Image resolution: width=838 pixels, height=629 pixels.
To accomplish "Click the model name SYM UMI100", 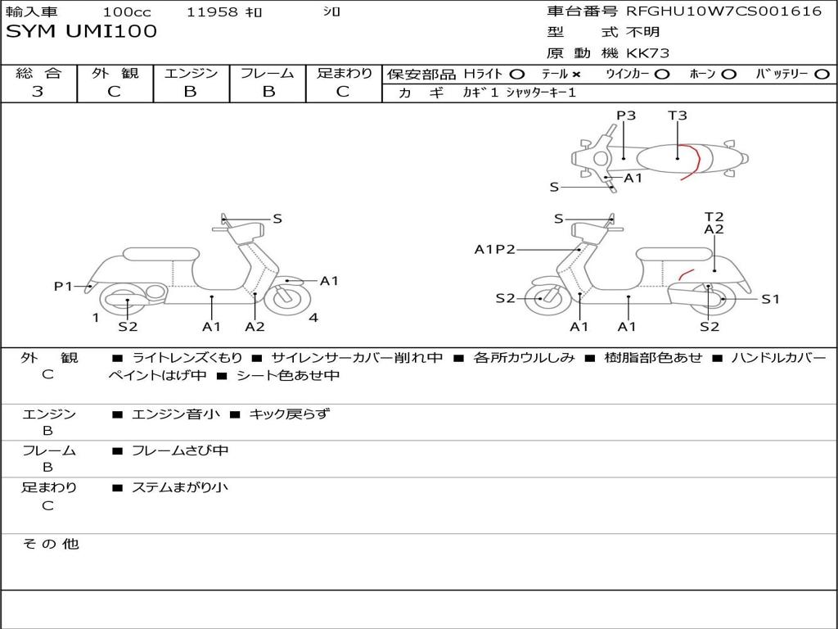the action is point(81,32).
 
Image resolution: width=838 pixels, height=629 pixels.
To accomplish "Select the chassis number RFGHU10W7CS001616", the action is point(724,11).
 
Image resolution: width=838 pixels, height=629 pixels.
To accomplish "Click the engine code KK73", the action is point(648,53).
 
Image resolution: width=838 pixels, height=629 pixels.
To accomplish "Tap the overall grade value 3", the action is point(38,92).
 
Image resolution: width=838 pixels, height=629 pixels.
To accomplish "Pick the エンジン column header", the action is point(191,73).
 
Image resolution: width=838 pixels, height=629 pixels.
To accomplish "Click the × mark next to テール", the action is point(576,75).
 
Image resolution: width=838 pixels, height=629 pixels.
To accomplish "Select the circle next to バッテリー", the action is point(822,75).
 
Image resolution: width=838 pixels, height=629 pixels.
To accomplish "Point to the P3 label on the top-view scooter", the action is point(626,115).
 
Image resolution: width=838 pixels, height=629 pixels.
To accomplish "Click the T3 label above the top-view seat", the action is point(677,115).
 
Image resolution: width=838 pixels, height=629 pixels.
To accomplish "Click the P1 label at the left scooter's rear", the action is point(63,287).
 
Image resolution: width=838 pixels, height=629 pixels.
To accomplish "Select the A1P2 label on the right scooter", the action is point(494,250).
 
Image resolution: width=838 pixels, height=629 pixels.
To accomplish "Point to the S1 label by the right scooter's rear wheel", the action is point(770,300).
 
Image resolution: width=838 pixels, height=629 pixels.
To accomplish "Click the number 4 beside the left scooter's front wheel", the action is point(313,319).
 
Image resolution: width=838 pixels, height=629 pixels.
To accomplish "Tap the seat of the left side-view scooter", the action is point(161,254).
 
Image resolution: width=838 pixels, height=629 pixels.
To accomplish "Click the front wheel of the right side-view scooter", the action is point(547,299).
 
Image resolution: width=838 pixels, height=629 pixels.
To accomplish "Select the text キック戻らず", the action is point(290,414).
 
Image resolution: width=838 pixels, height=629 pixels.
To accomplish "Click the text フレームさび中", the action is point(180,451).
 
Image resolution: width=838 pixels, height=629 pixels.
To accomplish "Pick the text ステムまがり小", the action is point(180,487).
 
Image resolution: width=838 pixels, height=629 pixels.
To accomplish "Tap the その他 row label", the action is point(51,544).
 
